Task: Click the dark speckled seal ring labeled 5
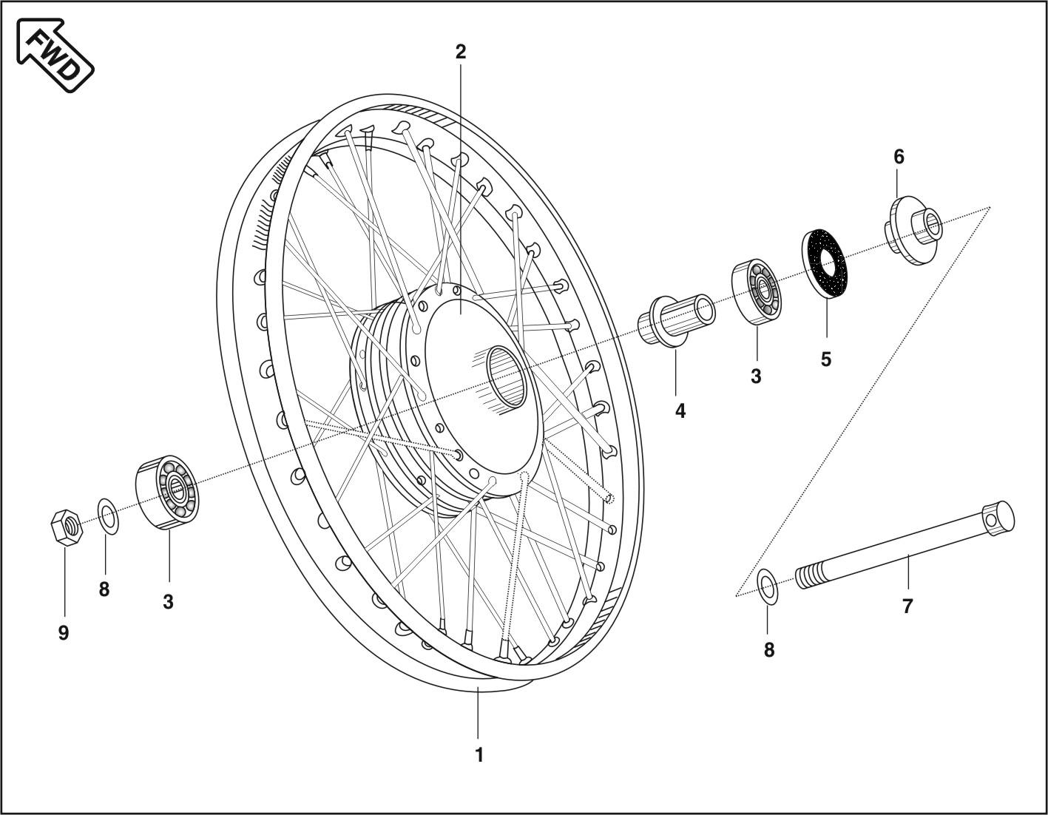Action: (825, 263)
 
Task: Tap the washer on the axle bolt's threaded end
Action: (768, 586)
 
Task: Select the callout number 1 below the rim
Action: (479, 755)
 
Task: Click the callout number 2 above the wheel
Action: (461, 52)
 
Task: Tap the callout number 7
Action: (907, 606)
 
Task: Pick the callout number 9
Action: (64, 633)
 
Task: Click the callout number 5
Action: (826, 359)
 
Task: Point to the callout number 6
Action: (899, 157)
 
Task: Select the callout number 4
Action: (680, 411)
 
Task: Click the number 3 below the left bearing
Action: (169, 602)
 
